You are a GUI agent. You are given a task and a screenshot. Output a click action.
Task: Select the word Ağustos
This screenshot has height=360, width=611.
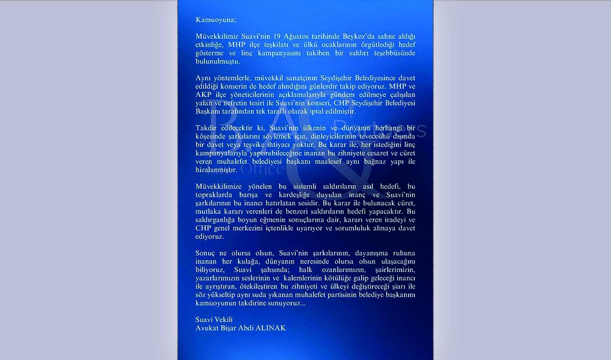point(295,37)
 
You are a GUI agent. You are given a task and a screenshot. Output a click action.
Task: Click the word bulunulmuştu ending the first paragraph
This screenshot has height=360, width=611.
point(218,61)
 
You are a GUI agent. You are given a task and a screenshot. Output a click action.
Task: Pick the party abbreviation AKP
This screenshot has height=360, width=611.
point(203,95)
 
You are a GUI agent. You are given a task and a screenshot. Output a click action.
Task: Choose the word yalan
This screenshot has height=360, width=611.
point(204,103)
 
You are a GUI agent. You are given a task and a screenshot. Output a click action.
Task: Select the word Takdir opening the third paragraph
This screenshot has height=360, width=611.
point(206,128)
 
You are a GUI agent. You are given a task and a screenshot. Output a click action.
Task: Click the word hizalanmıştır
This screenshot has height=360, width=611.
point(216,169)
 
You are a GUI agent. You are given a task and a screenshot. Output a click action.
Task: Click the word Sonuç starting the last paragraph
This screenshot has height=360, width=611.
point(206,253)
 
